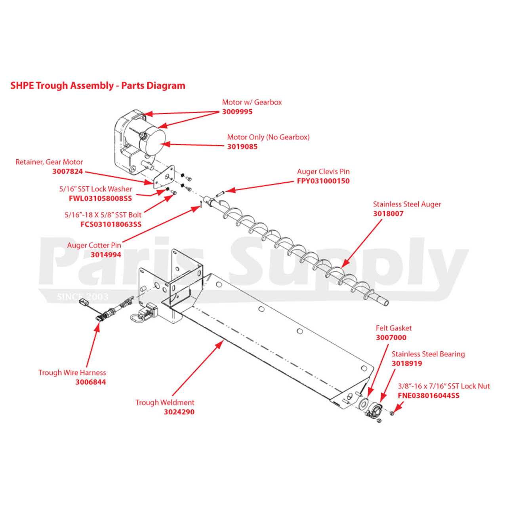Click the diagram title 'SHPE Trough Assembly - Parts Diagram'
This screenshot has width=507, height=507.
tap(97, 86)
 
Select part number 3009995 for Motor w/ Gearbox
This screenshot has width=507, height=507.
tap(237, 112)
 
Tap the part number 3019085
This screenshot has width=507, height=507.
tap(242, 147)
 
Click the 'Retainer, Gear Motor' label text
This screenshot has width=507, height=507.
tap(49, 162)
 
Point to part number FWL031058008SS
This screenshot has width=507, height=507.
tap(100, 198)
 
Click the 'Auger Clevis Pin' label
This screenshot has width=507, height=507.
tap(323, 172)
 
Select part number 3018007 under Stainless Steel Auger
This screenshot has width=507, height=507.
tap(388, 214)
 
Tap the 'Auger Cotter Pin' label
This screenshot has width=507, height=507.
tap(94, 245)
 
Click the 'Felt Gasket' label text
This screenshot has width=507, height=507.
tap(393, 328)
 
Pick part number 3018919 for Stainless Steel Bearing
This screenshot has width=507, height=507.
tap(407, 364)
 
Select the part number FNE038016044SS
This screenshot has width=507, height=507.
tap(429, 395)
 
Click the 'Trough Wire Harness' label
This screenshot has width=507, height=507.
tap(72, 373)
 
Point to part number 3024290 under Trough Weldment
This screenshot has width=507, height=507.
tap(179, 412)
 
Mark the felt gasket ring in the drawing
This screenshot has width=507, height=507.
tap(363, 404)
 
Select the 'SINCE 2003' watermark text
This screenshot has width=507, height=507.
tap(82, 297)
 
